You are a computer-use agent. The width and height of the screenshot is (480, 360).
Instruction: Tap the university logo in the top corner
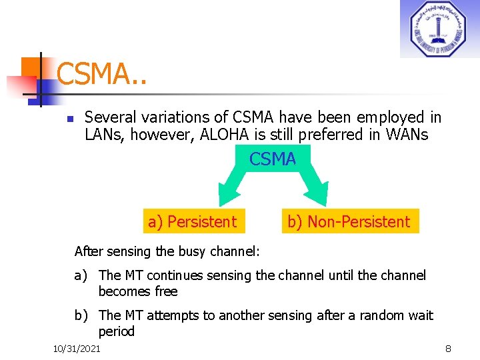pos(439,29)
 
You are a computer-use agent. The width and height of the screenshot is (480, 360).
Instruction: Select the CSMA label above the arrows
pos(273,159)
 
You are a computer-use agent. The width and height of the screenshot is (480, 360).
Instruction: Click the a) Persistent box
pos(193,221)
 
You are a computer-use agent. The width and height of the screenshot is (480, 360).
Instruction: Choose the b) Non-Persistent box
pos(349,221)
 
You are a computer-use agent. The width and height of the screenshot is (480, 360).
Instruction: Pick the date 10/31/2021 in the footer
pos(77,349)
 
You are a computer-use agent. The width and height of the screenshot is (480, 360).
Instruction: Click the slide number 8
pos(449,349)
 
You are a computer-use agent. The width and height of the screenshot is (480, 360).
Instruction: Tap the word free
pos(166,291)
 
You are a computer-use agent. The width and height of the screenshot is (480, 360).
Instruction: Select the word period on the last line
pos(117,331)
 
